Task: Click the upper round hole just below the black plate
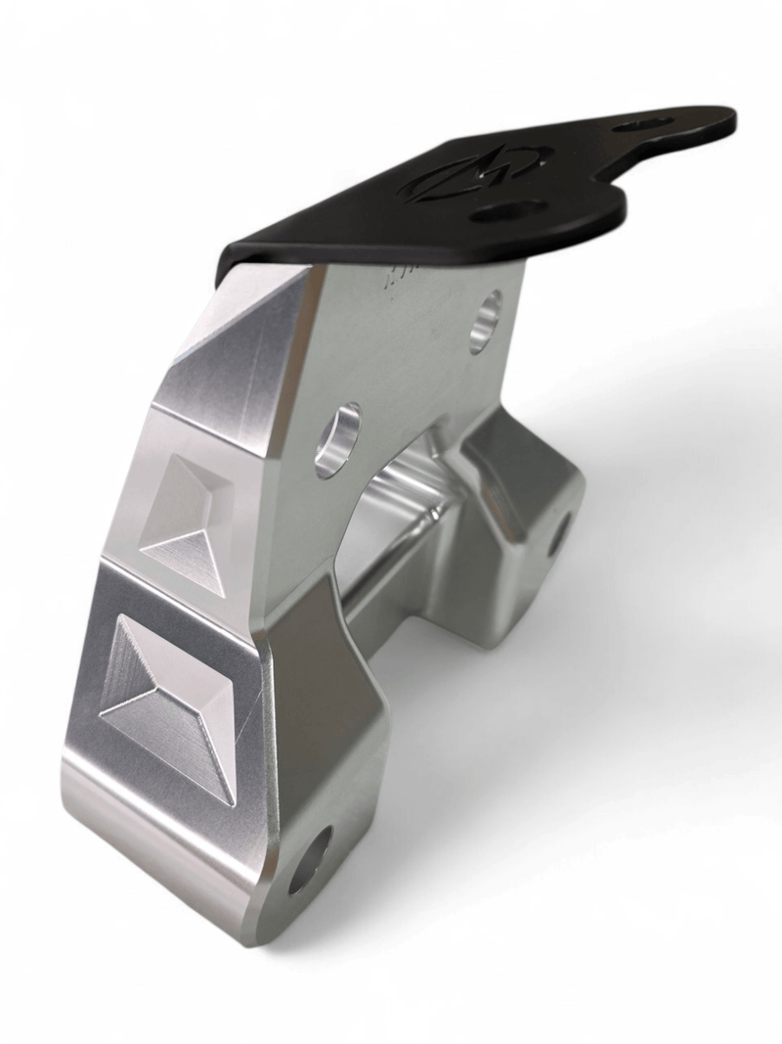(x=485, y=321)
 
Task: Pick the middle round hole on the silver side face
(x=337, y=440)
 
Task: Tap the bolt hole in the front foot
(x=310, y=860)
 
